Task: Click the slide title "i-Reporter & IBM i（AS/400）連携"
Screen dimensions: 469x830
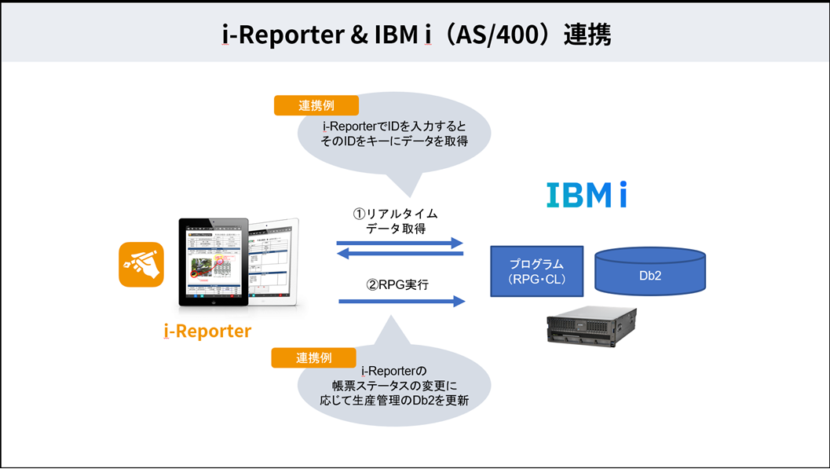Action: click(415, 34)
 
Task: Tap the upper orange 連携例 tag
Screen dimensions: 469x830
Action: click(316, 105)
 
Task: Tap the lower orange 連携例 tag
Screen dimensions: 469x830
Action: click(313, 357)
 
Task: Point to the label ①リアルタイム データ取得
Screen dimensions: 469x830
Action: click(401, 221)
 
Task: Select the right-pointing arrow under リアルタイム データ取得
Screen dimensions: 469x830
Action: click(400, 244)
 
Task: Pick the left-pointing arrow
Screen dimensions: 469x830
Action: click(400, 253)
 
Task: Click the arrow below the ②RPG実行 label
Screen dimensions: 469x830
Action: click(402, 301)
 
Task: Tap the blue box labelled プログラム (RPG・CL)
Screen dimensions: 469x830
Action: click(536, 270)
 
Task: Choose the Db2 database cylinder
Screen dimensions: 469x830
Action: click(649, 272)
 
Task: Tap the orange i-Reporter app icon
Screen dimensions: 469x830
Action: click(141, 265)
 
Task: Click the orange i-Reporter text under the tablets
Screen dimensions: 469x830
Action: click(207, 331)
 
